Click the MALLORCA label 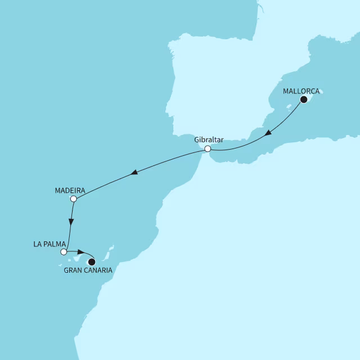[x=301, y=91]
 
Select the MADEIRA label [x=70, y=190]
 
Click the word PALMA [x=55, y=244]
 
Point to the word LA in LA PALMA [x=38, y=244]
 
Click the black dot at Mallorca [x=304, y=100]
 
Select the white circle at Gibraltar [x=208, y=149]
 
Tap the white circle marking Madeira [x=73, y=199]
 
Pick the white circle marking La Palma [x=64, y=252]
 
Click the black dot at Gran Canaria [x=92, y=262]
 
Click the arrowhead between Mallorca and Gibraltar [x=269, y=133]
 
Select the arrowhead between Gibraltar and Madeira [x=134, y=173]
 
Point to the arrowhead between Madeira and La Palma [x=70, y=222]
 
